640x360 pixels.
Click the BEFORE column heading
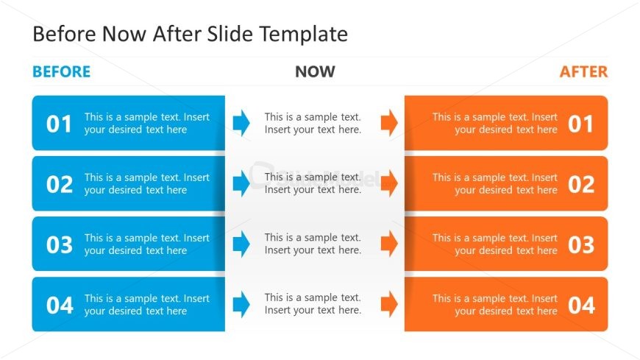pos(62,71)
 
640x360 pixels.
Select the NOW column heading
pos(315,71)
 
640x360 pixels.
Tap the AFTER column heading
pos(583,71)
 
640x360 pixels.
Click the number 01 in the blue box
pos(60,124)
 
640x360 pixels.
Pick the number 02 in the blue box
pos(60,184)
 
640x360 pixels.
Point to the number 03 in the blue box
pos(60,244)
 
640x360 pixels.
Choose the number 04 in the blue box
pos(60,305)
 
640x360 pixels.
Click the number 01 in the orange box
pos(580,124)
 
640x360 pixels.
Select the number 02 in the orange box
pos(580,184)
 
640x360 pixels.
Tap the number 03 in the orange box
pos(580,244)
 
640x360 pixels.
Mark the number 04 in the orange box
pos(580,305)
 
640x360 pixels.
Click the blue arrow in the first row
pos(241,122)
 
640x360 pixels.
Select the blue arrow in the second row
pos(241,183)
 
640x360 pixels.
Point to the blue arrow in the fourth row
pos(241,303)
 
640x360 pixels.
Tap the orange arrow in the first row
pos(389,122)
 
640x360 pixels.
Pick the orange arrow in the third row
pos(389,243)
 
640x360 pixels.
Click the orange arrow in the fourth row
pos(389,303)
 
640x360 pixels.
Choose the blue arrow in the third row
pos(241,243)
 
